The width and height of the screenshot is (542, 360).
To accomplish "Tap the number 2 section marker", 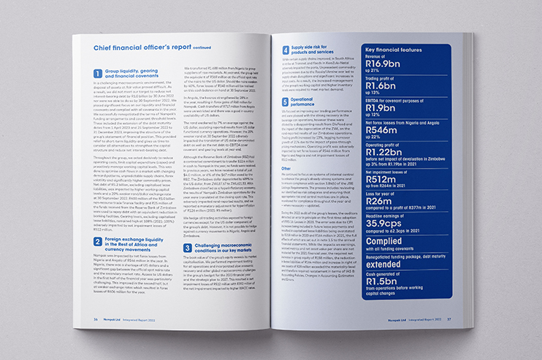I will click(x=98, y=240).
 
